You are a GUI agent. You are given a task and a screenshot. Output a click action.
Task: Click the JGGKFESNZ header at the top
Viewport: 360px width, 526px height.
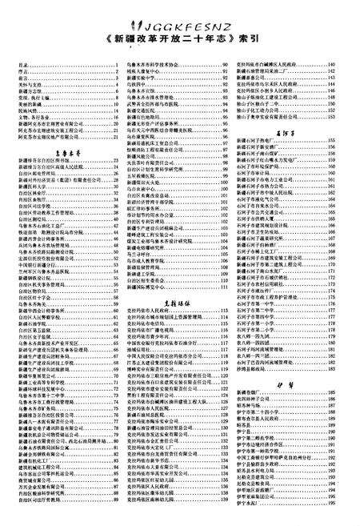[x=179, y=10]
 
